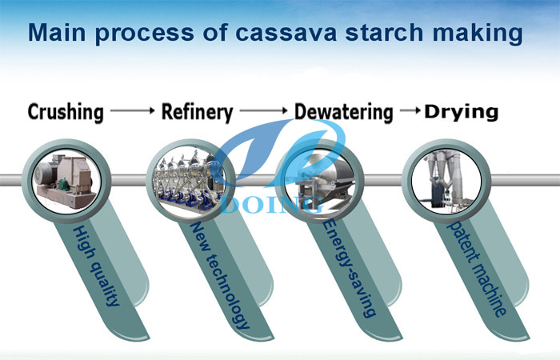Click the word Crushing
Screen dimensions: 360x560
point(66,112)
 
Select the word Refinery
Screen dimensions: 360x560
point(197,111)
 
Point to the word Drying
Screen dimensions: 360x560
point(461,111)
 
